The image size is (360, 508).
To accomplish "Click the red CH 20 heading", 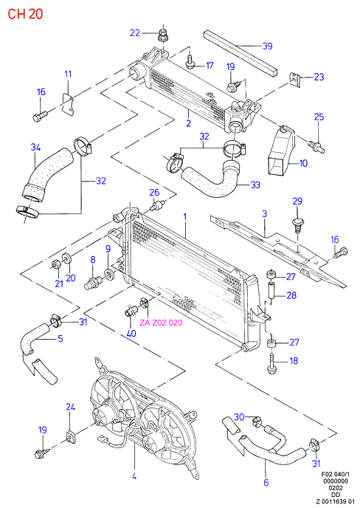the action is pyautogui.click(x=25, y=14).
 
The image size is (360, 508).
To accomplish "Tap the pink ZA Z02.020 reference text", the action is pyautogui.click(x=161, y=323).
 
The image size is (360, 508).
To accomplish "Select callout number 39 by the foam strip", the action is pyautogui.click(x=267, y=46).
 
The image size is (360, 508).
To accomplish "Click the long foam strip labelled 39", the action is pyautogui.click(x=240, y=53).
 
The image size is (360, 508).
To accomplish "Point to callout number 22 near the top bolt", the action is pyautogui.click(x=135, y=32).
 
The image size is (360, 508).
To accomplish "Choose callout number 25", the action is pyautogui.click(x=319, y=117).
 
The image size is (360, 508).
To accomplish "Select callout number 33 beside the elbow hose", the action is pyautogui.click(x=255, y=185).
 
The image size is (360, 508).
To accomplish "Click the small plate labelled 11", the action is pyautogui.click(x=67, y=105).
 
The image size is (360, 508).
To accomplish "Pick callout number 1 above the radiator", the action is pyautogui.click(x=185, y=216).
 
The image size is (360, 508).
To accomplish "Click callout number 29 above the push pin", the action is pyautogui.click(x=297, y=201).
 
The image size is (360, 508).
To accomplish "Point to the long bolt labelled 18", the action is pyautogui.click(x=271, y=363).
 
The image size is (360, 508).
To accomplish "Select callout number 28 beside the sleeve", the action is pyautogui.click(x=291, y=295).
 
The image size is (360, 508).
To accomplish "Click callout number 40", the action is pyautogui.click(x=131, y=334).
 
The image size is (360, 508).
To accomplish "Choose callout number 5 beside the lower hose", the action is pyautogui.click(x=60, y=339).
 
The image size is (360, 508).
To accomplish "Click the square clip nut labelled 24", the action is pyautogui.click(x=70, y=436).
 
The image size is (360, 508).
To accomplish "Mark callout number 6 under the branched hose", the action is pyautogui.click(x=266, y=483).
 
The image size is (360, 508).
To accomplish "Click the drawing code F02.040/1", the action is pyautogui.click(x=334, y=474).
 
